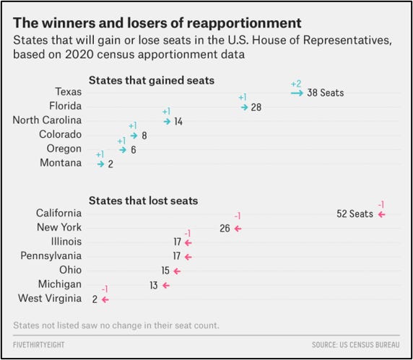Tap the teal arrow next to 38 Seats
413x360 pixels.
(296, 92)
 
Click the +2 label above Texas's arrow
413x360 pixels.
(296, 83)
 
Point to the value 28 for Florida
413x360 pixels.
(256, 107)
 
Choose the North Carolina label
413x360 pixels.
(47, 120)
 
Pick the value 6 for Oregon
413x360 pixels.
(133, 149)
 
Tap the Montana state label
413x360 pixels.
(61, 163)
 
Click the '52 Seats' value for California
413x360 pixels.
(355, 214)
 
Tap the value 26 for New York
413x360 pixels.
(225, 228)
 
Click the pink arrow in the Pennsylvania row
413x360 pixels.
(188, 256)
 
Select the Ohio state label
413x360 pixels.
(70, 270)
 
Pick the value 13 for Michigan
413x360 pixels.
(153, 285)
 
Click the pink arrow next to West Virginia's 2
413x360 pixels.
(105, 299)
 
